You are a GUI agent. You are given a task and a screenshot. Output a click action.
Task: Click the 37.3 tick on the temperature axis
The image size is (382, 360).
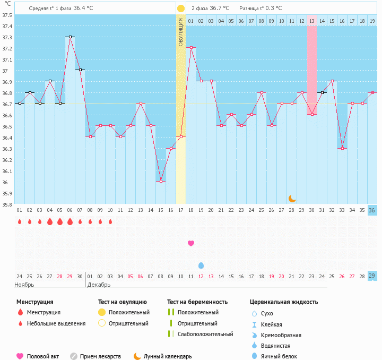pyautogui.click(x=7, y=37)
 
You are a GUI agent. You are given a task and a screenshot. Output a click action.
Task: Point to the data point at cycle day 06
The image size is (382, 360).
pyautogui.click(x=70, y=37)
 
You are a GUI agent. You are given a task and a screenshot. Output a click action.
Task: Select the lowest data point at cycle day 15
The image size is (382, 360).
pyautogui.click(x=161, y=181)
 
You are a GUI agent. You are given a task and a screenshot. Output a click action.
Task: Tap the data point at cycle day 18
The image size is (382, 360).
pyautogui.click(x=191, y=47)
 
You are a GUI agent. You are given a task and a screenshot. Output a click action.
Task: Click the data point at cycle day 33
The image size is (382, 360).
pyautogui.click(x=342, y=148)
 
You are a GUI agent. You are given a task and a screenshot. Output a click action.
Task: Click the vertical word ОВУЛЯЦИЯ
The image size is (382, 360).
pyautogui.click(x=181, y=32)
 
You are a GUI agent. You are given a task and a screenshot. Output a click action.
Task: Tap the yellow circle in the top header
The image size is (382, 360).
pyautogui.click(x=181, y=8)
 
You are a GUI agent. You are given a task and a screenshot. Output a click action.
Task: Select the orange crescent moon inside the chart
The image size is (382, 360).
pyautogui.click(x=292, y=198)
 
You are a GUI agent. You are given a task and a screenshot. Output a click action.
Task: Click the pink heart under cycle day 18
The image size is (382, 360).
pyautogui.click(x=191, y=243)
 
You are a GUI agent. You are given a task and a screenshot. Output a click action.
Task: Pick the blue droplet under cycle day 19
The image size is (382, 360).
pyautogui.click(x=201, y=265)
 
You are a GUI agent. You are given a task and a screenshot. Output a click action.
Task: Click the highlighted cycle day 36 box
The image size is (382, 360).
pyautogui.click(x=372, y=210)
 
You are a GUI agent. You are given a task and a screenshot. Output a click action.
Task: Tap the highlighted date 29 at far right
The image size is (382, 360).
pyautogui.click(x=372, y=276)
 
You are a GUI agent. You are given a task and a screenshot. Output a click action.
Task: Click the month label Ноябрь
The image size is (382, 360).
pyautogui.click(x=25, y=285)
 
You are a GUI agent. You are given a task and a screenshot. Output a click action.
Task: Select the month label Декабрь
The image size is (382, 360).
pyautogui.click(x=99, y=285)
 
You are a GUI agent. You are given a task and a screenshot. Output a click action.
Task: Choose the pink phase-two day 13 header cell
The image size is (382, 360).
pyautogui.click(x=312, y=21)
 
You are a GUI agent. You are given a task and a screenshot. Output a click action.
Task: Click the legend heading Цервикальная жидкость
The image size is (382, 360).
pyautogui.click(x=284, y=302)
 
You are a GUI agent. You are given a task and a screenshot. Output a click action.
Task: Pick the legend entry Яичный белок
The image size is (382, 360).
pyautogui.click(x=282, y=356)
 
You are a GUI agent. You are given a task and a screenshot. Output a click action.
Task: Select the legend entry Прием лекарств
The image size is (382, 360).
pyautogui.click(x=100, y=356)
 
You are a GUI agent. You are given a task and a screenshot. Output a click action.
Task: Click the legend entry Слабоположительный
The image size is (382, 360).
pyautogui.click(x=205, y=334)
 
